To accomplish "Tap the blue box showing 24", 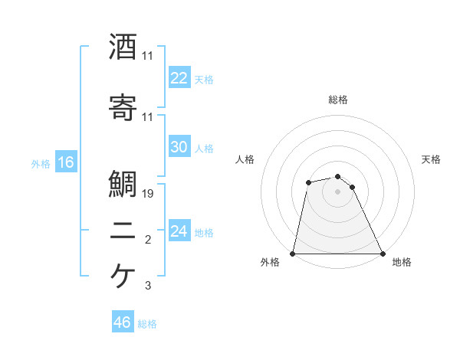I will point(179,231).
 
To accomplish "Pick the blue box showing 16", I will point(65,162).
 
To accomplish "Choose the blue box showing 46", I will point(123,322).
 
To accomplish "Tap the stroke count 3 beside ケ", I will point(148,286).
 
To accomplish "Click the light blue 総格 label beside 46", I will point(147,324).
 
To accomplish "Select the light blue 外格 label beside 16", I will point(41,164).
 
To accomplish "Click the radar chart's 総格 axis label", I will point(338,100).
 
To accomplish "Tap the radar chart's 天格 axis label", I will point(432,159).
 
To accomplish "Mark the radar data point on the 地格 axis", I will point(382,254).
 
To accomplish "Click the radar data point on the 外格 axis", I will point(293,254).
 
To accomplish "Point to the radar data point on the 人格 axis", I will point(308,182).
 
